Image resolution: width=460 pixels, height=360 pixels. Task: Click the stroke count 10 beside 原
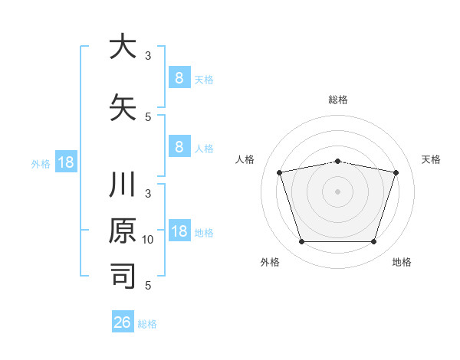pos(149,240)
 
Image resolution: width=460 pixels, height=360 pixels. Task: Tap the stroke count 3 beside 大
pos(149,56)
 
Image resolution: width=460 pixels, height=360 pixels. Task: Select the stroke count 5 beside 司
pos(149,285)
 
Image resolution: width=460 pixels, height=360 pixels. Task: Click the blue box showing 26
pos(122,322)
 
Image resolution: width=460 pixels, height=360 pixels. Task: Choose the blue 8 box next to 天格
pos(179,77)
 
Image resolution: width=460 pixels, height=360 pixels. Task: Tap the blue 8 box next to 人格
pos(179,147)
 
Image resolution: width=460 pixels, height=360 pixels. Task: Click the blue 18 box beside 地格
pos(179,231)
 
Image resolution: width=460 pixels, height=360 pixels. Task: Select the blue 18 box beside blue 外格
pos(65,162)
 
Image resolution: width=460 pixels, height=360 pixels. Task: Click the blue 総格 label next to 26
pos(148,324)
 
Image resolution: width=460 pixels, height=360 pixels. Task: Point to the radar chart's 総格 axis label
pos(338,100)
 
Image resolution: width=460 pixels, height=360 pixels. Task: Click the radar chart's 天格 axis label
pos(432,159)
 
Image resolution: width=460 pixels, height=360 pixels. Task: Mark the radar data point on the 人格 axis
pos(280,172)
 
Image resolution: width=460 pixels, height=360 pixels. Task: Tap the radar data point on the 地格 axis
pos(373,242)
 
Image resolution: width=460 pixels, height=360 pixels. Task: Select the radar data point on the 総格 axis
pos(338,161)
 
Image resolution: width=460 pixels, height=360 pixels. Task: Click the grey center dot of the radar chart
pos(338,191)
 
